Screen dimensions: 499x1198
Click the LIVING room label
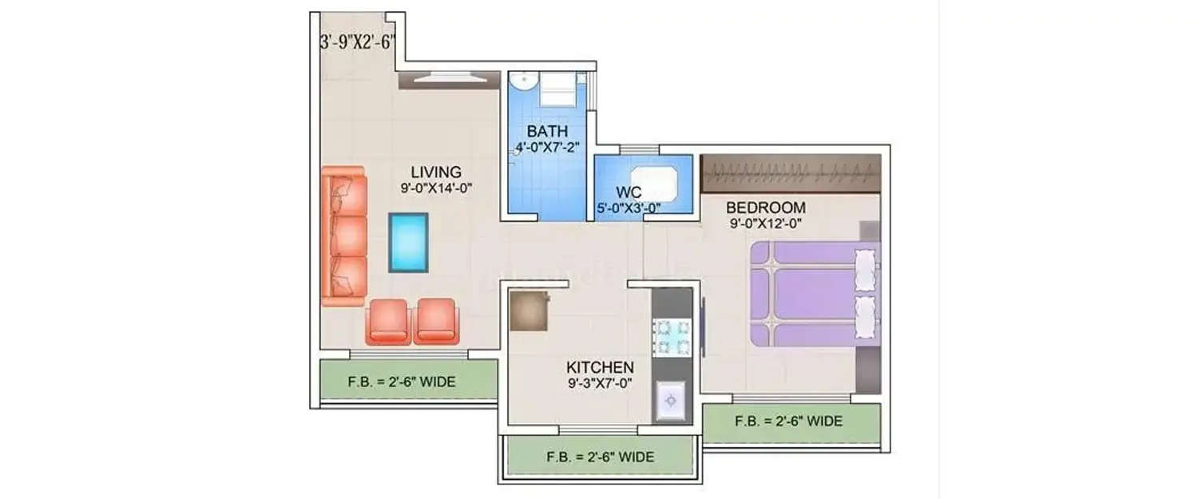click(436, 172)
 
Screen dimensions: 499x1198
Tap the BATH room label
click(547, 131)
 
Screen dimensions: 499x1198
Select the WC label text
click(629, 194)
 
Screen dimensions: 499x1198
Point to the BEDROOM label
click(765, 208)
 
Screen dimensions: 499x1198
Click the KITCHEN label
click(600, 367)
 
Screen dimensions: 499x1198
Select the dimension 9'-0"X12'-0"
click(766, 224)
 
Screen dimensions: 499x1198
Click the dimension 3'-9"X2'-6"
click(358, 43)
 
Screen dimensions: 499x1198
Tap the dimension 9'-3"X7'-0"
click(600, 384)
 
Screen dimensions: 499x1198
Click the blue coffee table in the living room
click(408, 243)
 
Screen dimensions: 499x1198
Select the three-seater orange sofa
click(344, 236)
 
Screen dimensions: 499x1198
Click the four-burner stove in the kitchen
click(671, 336)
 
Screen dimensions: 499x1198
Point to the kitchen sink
click(672, 400)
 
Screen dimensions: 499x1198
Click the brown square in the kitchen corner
click(529, 311)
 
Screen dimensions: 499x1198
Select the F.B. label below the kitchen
click(601, 457)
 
